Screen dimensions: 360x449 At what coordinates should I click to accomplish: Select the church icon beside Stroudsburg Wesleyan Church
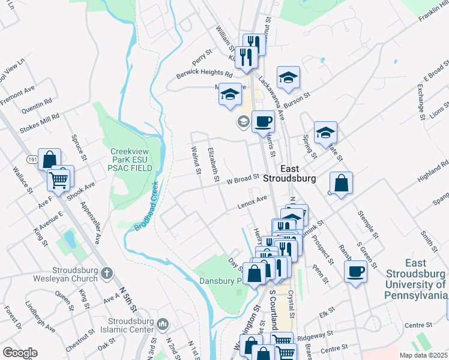click(106, 274)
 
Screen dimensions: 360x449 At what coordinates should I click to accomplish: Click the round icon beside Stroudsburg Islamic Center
click(163, 325)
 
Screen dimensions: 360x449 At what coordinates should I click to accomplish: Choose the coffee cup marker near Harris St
click(263, 122)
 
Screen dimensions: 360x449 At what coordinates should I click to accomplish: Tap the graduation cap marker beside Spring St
click(325, 133)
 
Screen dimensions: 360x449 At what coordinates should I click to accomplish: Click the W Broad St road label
click(242, 178)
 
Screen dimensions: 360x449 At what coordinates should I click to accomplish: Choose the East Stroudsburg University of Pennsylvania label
click(417, 279)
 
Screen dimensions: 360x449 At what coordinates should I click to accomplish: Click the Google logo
click(20, 352)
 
